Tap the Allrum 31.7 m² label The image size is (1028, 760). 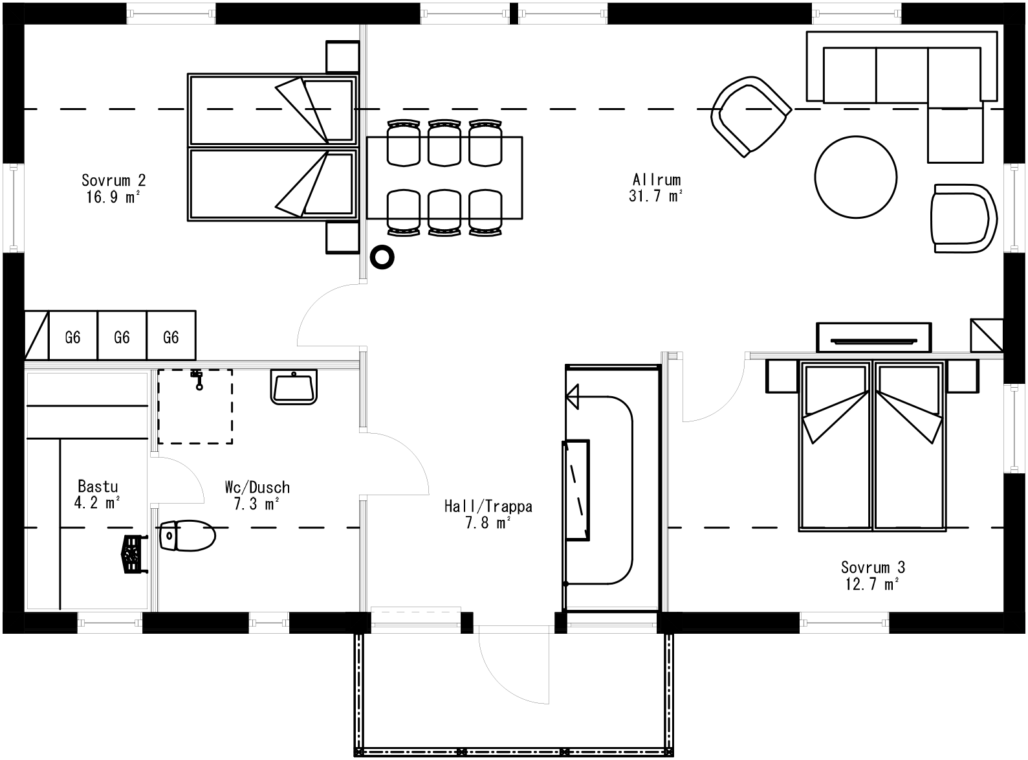[x=656, y=188]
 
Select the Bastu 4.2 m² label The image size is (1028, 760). [x=98, y=494]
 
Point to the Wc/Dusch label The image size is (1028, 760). [x=257, y=495]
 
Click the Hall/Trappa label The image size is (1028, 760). [x=488, y=514]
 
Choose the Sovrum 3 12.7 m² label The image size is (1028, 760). [x=872, y=576]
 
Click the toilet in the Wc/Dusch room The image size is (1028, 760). [x=188, y=536]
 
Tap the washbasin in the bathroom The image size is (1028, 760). [x=294, y=387]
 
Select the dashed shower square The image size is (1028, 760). [x=195, y=407]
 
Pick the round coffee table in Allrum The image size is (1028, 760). [x=855, y=177]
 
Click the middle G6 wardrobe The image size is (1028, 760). [x=122, y=337]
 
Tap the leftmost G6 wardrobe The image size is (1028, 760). [x=72, y=337]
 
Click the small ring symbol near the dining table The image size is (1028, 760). [x=382, y=257]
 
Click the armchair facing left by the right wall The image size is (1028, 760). [x=963, y=219]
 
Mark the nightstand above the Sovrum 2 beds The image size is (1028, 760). [x=342, y=57]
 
